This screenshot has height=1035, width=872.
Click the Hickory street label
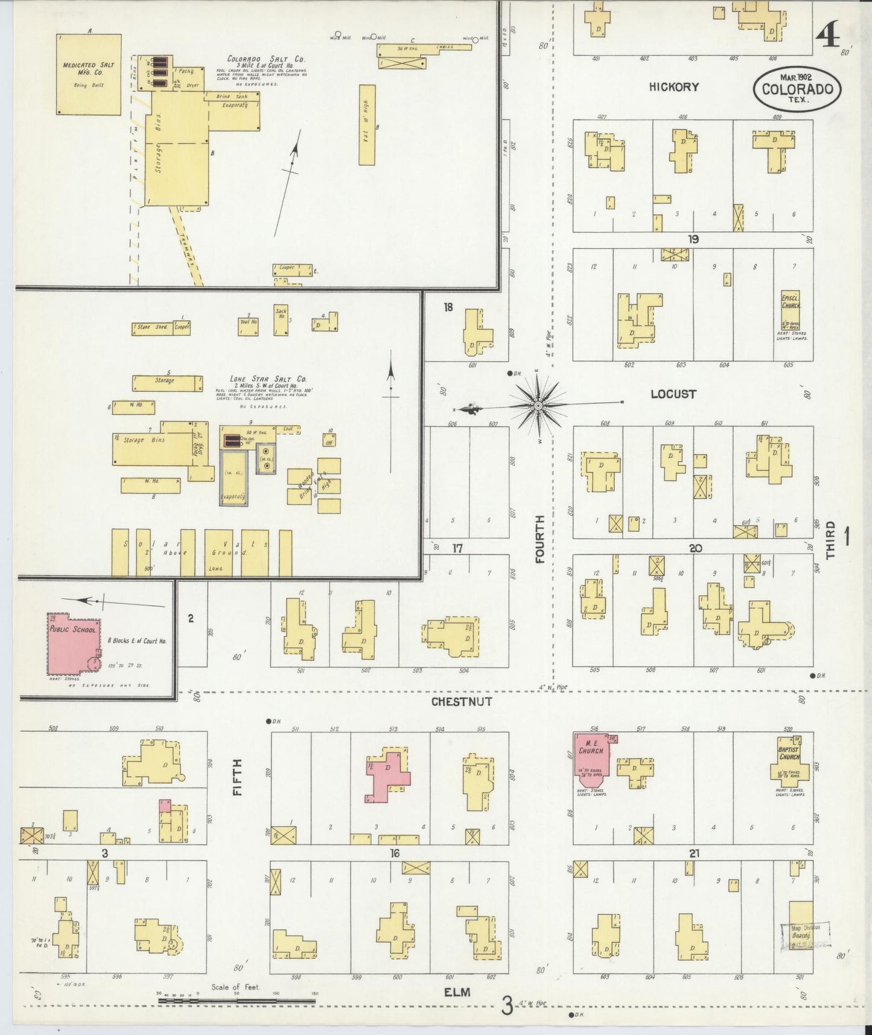pos(673,87)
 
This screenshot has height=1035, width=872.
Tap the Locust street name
pos(673,394)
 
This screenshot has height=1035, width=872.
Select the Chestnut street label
pos(461,702)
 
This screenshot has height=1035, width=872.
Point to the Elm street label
pos(457,992)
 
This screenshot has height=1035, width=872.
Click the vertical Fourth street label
pos(539,539)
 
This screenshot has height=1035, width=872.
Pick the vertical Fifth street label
pos(238,777)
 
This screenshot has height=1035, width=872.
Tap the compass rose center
pos(538,406)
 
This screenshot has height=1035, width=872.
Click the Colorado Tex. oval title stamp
pos(797,89)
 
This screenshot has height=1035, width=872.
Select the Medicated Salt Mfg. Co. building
pos(88,74)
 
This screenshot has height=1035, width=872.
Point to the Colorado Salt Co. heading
pos(266,59)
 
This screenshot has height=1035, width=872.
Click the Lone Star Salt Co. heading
pos(268,379)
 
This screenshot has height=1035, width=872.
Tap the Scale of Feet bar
pos(237,1001)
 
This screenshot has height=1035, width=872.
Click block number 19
pos(693,240)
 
